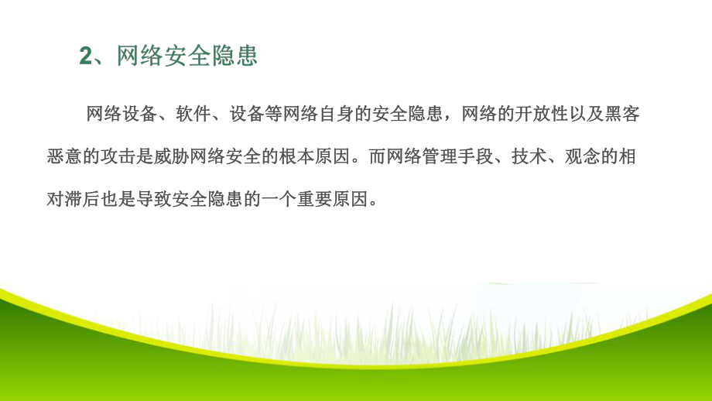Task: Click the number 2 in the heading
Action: coord(85,57)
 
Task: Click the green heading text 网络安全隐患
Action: coord(187,57)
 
